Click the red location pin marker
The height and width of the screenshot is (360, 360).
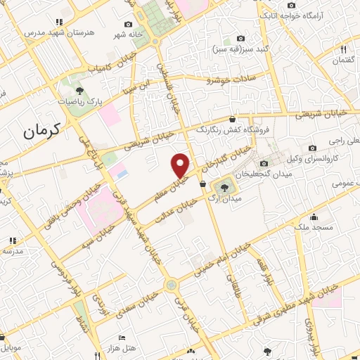click(181, 165)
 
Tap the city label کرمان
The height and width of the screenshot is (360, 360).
click(41, 129)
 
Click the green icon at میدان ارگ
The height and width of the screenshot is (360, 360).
click(225, 186)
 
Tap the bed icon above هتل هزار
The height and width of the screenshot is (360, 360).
click(121, 337)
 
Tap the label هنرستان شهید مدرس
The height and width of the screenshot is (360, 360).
click(49, 32)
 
